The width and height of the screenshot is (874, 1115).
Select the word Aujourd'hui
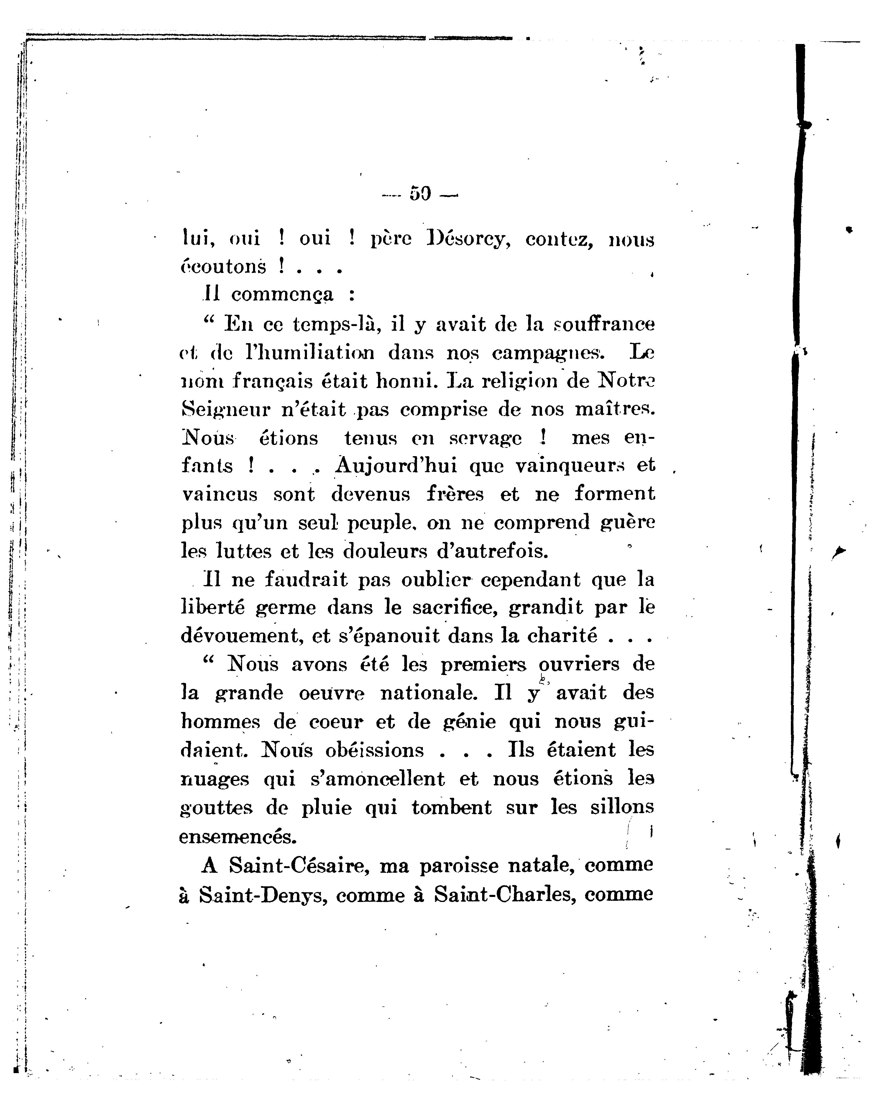point(395,466)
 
